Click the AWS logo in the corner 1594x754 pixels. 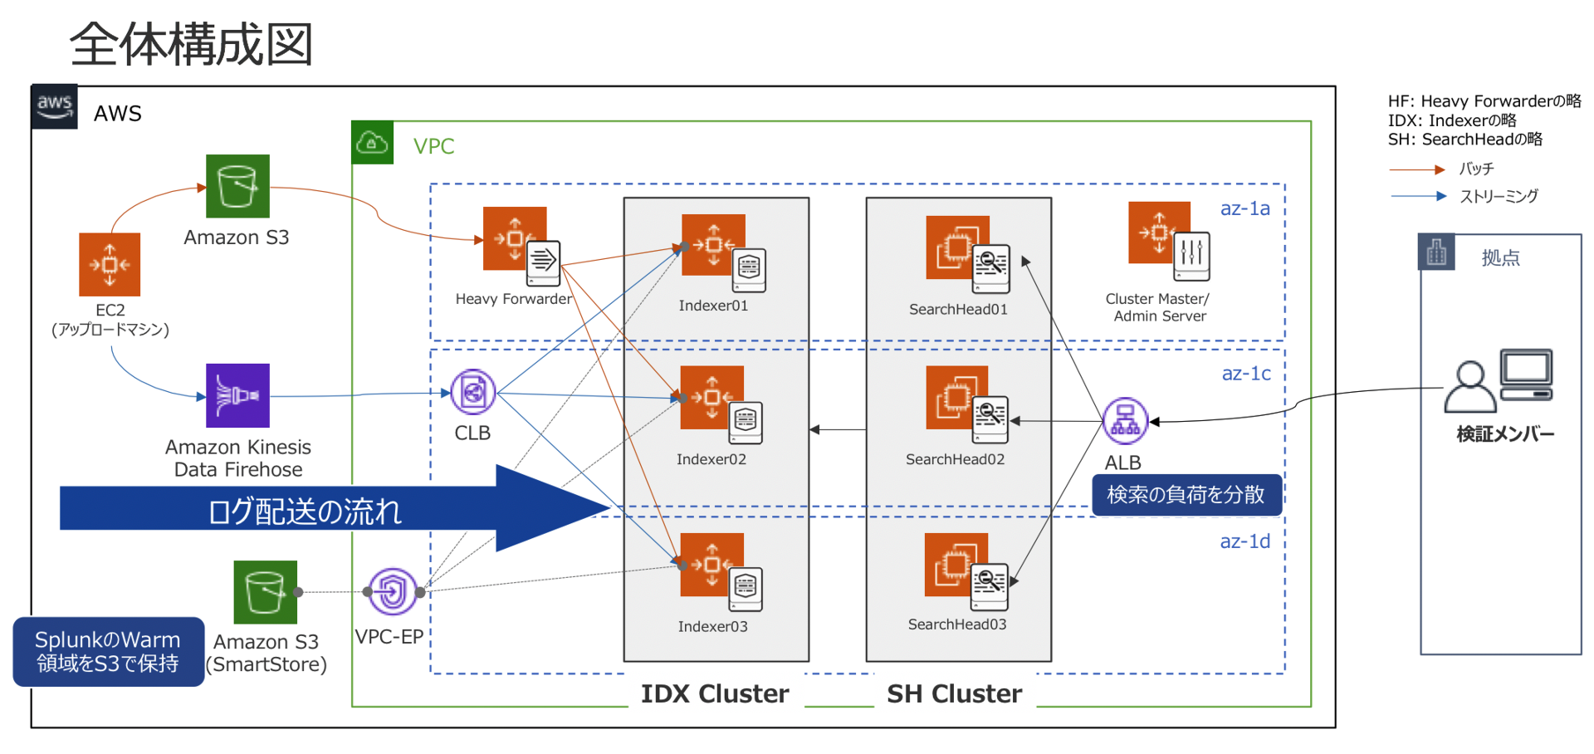pos(54,106)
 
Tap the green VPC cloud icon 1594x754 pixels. pos(372,143)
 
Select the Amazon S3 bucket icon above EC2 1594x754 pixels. pos(237,186)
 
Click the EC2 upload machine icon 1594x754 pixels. pos(110,264)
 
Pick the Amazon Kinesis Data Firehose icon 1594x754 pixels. pos(237,395)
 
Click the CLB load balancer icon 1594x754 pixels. pos(473,392)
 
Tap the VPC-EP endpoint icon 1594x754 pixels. pos(392,591)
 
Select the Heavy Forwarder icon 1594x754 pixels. pos(520,245)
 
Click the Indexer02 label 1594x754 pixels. pos(711,459)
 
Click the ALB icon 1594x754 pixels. pos(1125,420)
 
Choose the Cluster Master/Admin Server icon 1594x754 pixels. pos(1167,239)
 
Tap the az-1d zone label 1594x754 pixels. pos(1244,541)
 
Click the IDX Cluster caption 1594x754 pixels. pos(715,693)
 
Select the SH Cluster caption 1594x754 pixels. pos(954,693)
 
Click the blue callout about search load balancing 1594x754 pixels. pos(1186,495)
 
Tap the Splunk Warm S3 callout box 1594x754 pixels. pos(108,652)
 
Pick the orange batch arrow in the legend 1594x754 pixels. pos(1417,169)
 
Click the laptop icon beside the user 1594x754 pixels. pos(1526,375)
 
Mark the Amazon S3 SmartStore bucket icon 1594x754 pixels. pos(265,592)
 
